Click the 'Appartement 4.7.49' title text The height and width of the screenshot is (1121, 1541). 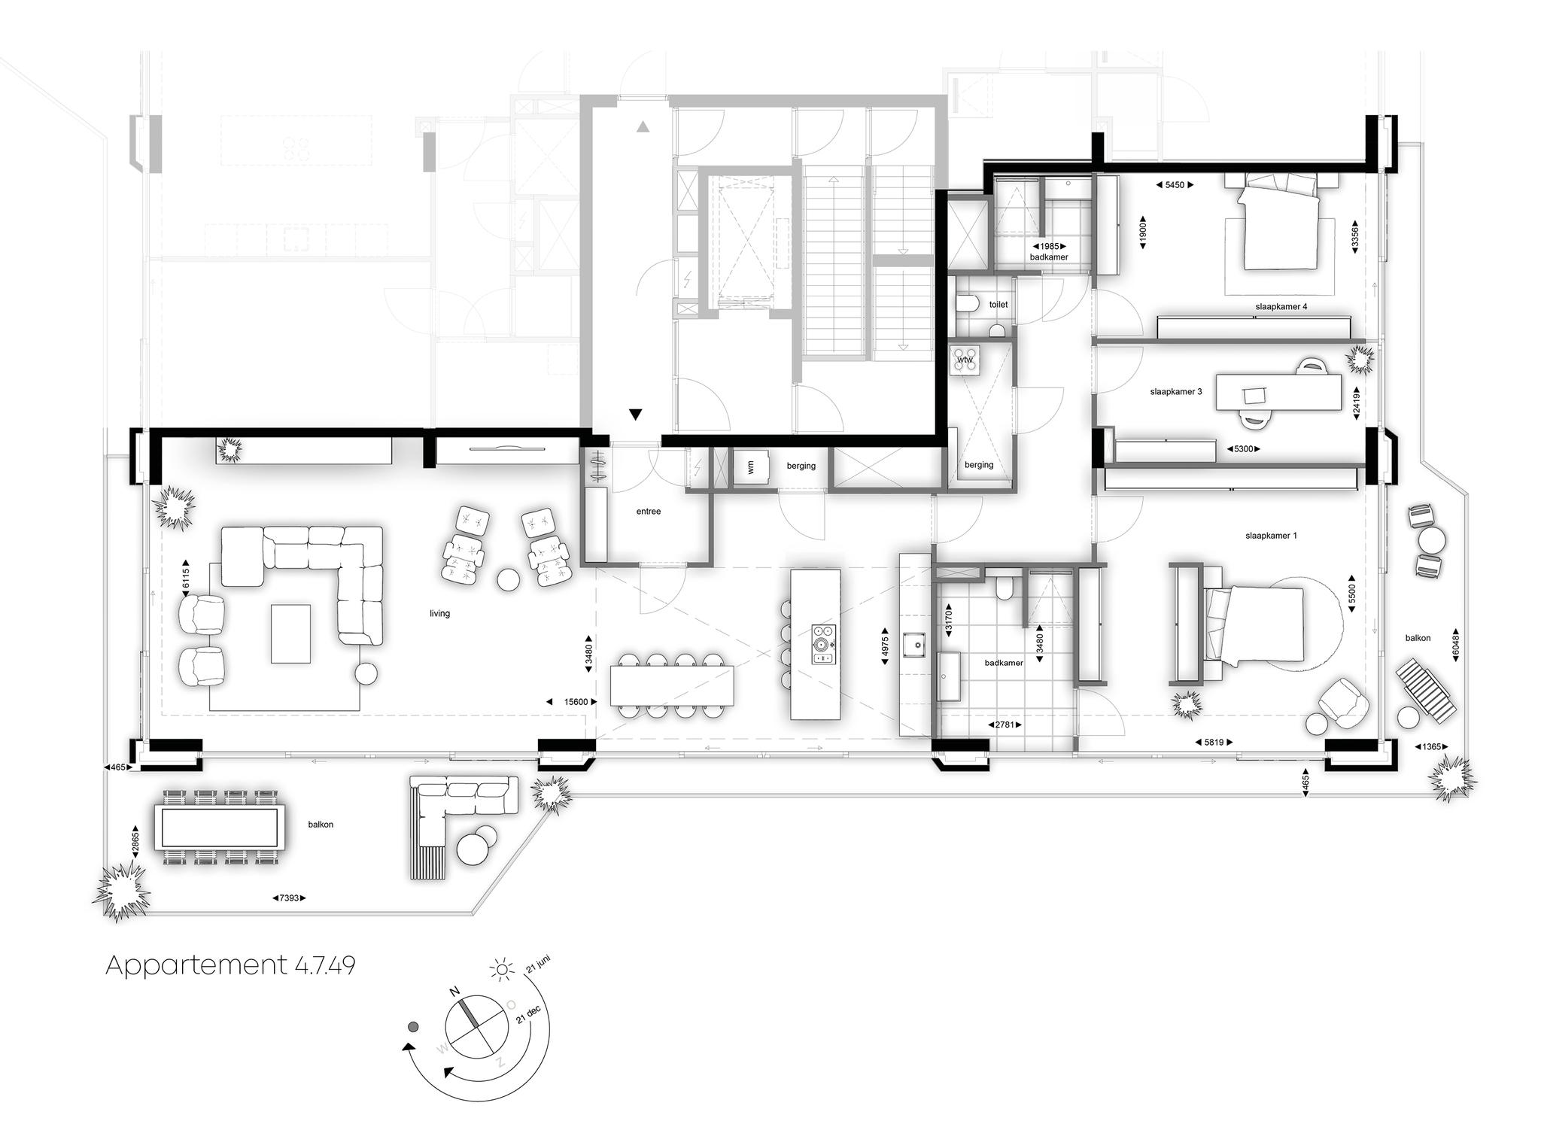(230, 965)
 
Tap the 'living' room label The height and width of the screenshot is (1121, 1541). (439, 613)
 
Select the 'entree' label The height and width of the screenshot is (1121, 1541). (649, 512)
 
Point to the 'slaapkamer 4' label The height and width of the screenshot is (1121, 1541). (1281, 307)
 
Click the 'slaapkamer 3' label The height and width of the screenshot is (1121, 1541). (1176, 392)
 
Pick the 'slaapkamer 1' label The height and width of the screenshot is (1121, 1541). (1272, 536)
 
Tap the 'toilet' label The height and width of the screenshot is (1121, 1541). (998, 305)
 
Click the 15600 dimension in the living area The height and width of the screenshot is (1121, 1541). (576, 702)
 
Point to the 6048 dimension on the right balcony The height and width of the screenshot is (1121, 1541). (1455, 646)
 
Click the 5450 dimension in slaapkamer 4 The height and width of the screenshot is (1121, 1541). (1175, 185)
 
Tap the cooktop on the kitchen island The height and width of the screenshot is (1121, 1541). (824, 645)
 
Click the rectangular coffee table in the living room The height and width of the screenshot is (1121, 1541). (290, 633)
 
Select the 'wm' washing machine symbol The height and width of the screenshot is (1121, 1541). (750, 468)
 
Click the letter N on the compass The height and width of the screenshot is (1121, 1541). (454, 992)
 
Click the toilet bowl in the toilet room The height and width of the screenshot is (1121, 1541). (967, 303)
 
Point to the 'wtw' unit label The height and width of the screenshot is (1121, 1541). (965, 360)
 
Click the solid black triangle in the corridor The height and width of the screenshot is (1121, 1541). (636, 414)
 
